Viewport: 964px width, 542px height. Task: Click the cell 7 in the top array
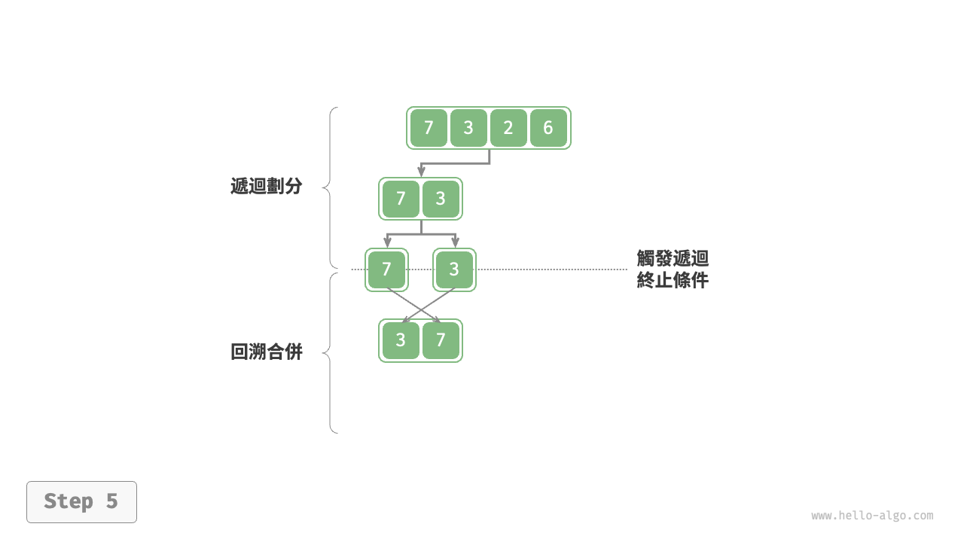(429, 128)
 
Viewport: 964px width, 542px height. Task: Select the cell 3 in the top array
(468, 128)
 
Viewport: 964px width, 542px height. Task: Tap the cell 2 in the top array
(508, 128)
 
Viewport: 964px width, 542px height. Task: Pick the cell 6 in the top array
(548, 128)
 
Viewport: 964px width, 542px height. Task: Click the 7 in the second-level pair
(401, 199)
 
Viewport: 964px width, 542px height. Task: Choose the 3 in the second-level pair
(441, 199)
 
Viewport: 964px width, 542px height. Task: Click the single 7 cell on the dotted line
(386, 269)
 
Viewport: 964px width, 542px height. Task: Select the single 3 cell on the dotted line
(454, 269)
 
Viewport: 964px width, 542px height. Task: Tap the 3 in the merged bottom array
(401, 340)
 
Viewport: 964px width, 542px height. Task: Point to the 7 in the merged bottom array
(441, 340)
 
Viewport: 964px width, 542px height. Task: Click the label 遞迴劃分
(266, 187)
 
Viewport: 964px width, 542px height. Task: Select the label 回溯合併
(266, 352)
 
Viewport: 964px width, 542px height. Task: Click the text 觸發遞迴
(673, 259)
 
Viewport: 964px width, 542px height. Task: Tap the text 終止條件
(673, 281)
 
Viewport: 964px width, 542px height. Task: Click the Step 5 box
(81, 501)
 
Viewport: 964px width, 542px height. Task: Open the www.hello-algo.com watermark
(872, 516)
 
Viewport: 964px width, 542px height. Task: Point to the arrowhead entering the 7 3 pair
(421, 173)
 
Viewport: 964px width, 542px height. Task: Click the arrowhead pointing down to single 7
(387, 243)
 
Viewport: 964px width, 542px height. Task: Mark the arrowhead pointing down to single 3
(455, 243)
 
